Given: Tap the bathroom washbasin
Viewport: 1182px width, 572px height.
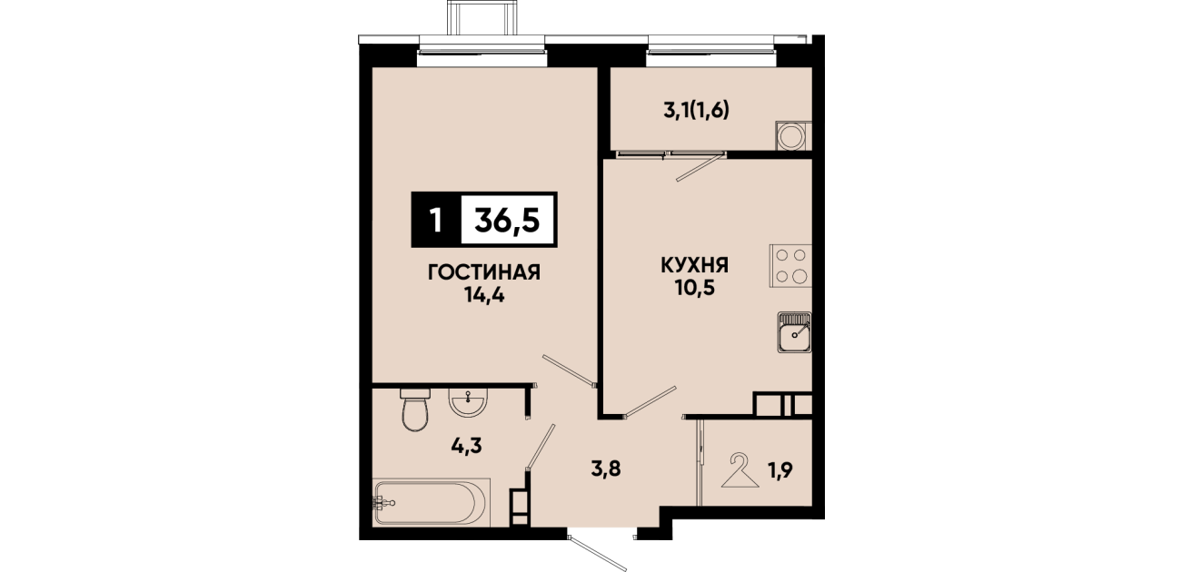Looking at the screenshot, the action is coord(468,403).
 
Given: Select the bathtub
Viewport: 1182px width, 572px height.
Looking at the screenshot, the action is coord(432,502).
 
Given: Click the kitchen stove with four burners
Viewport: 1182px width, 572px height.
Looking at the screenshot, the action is coord(790,266).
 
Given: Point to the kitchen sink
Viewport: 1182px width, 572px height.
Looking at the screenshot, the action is coord(795,332).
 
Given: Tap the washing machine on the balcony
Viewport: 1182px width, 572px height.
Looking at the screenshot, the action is coord(794,136).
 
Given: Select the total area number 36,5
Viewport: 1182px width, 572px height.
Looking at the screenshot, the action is coord(507,220).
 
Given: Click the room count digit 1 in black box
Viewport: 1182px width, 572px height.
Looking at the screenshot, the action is coord(436,220).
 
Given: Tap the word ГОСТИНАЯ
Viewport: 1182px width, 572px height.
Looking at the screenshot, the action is coord(484,272).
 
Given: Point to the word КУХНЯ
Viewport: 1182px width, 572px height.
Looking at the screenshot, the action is coord(694,265).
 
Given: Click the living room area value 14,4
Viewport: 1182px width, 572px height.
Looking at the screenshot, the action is coord(484,295).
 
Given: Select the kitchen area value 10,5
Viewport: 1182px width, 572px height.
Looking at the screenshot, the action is coord(694,288).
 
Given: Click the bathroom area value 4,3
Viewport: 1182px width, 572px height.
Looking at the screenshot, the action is coord(466,446).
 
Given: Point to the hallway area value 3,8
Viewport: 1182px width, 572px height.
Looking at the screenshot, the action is coord(606,468).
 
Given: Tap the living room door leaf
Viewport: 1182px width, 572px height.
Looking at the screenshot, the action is coord(570,370).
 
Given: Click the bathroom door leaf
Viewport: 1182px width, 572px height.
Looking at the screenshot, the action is coord(541,447).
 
